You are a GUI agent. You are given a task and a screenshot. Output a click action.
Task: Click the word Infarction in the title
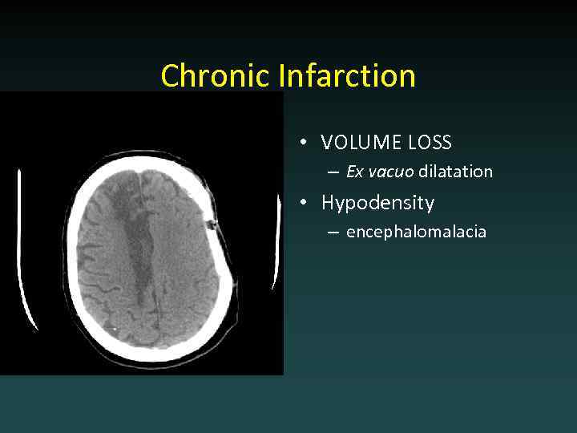pos(348,76)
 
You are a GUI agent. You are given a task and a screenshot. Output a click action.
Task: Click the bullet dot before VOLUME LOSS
pos(305,144)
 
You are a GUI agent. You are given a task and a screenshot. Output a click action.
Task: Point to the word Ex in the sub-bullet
pos(355,172)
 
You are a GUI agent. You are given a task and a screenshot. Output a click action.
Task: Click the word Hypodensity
pos(377,203)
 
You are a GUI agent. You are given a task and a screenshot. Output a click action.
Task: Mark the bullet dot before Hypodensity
pos(305,203)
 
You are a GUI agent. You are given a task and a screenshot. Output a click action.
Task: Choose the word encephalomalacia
pos(416,233)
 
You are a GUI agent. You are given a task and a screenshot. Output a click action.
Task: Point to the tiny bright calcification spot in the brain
pos(116,330)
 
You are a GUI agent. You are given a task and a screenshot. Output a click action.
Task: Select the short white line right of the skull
pos(277,241)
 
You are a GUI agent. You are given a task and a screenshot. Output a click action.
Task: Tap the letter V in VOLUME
pos(327,143)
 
